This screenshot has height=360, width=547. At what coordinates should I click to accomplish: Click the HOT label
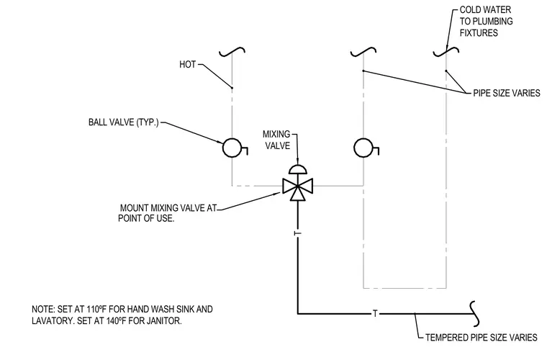[187, 65]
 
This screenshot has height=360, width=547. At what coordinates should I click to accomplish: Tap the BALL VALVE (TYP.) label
[124, 122]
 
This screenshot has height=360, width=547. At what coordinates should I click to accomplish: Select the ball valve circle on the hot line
[232, 148]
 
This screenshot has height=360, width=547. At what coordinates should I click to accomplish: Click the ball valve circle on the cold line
[363, 148]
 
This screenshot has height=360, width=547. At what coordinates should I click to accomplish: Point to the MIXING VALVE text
[276, 140]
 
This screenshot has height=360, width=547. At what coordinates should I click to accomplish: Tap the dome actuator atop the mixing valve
[297, 169]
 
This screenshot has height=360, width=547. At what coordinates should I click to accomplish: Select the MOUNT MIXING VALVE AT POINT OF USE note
[168, 213]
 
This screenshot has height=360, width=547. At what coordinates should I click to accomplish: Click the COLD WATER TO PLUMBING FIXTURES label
[486, 22]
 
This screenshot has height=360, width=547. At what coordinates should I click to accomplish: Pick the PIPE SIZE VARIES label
[507, 93]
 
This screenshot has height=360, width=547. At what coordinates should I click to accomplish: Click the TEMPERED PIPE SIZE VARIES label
[481, 338]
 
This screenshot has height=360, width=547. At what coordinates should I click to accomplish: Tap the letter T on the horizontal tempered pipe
[375, 314]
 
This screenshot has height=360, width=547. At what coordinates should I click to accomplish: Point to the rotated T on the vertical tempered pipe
[297, 233]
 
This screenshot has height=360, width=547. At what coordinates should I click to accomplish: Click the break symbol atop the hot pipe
[232, 52]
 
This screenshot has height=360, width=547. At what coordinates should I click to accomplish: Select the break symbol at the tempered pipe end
[474, 314]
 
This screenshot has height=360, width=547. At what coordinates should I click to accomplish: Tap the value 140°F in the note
[115, 321]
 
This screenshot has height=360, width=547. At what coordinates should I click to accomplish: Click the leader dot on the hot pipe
[232, 88]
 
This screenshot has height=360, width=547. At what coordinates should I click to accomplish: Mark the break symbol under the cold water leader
[446, 52]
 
